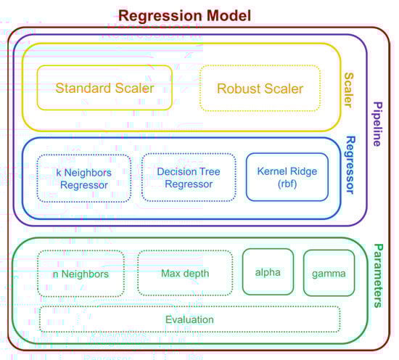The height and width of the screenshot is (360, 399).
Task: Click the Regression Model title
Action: (x=185, y=15)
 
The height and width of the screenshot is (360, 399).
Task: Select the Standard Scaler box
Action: (x=104, y=88)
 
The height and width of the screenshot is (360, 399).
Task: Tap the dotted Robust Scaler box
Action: (x=260, y=89)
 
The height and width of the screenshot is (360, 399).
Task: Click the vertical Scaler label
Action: (x=349, y=90)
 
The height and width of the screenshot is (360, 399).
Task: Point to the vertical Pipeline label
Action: (x=378, y=124)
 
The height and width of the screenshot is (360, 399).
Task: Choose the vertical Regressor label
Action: (x=350, y=165)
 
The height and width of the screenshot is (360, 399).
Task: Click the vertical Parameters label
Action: (x=379, y=276)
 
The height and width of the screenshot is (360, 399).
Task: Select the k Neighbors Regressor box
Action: (x=84, y=179)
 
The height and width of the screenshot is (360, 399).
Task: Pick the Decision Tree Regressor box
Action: (x=189, y=177)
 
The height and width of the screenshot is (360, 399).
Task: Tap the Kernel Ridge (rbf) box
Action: (x=287, y=177)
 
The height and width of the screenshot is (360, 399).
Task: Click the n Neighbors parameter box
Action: (x=81, y=274)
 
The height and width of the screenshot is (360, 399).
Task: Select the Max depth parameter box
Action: (x=185, y=273)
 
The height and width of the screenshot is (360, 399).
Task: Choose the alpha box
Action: (x=268, y=272)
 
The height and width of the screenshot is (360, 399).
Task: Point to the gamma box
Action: (x=329, y=273)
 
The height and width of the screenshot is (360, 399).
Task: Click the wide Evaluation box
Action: (x=189, y=319)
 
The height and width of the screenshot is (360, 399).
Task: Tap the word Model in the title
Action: (x=229, y=15)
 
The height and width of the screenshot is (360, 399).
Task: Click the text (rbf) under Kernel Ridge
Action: (x=287, y=184)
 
